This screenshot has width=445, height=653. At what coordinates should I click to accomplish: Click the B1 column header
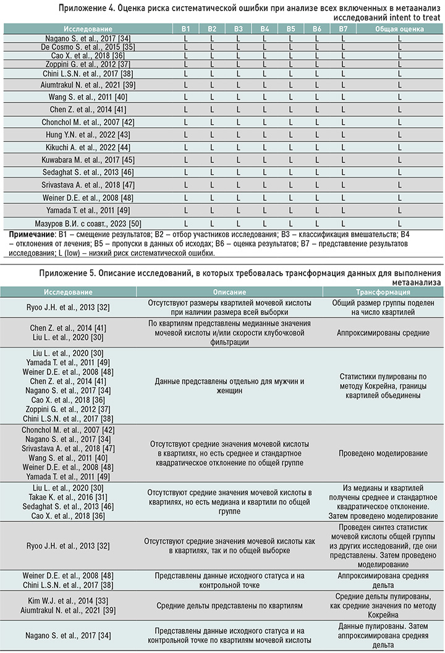click(185, 29)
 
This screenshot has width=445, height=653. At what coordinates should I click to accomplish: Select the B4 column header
click(265, 29)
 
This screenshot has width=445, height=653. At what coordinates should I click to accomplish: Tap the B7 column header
click(344, 29)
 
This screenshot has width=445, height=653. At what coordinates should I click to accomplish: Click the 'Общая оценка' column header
click(400, 29)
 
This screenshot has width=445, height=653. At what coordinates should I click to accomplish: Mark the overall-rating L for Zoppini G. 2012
click(400, 64)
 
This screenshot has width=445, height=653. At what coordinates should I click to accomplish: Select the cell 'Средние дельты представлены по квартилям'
click(230, 605)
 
